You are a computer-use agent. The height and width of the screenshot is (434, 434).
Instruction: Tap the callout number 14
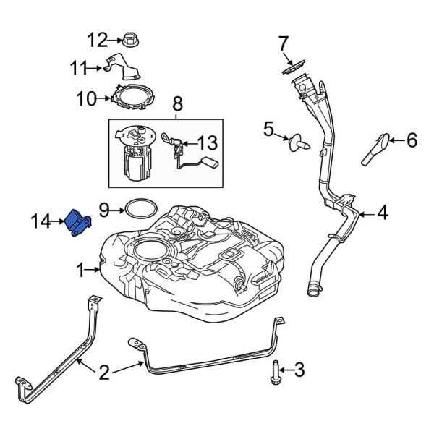[41, 221]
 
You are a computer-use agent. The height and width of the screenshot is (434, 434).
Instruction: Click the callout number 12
[97, 38]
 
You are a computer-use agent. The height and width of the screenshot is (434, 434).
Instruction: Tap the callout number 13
[207, 142]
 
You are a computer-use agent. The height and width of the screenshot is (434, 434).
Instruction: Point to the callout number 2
[104, 373]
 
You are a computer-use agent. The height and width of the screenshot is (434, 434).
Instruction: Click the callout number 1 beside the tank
[82, 271]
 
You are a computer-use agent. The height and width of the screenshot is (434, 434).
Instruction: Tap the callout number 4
[383, 213]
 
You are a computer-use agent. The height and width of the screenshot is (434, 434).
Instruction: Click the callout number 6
[412, 140]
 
